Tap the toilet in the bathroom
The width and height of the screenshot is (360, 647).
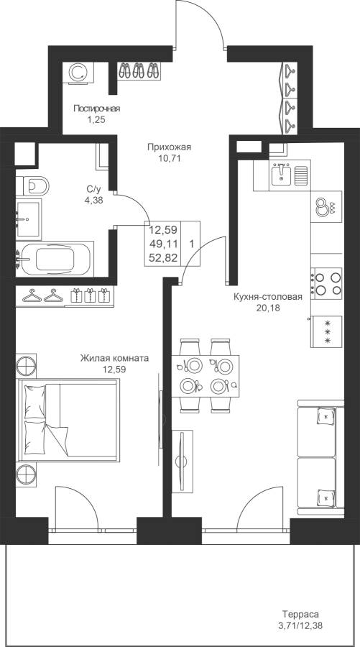(x=32, y=186)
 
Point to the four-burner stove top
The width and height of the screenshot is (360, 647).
(x=327, y=283)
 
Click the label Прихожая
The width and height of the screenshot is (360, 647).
(x=169, y=147)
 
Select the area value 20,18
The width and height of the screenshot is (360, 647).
(x=268, y=308)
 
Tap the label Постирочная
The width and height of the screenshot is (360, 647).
(x=97, y=109)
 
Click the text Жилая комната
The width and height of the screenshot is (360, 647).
(x=115, y=358)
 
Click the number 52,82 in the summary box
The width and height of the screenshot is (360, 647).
(x=163, y=258)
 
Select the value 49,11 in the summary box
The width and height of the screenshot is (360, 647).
(x=163, y=244)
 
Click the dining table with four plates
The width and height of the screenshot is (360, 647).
(x=206, y=376)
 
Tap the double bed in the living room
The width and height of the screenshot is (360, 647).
(x=68, y=420)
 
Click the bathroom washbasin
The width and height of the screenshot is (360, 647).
(x=29, y=219)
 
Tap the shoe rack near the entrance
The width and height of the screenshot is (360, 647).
(x=139, y=70)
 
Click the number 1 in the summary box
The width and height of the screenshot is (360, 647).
(x=192, y=244)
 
